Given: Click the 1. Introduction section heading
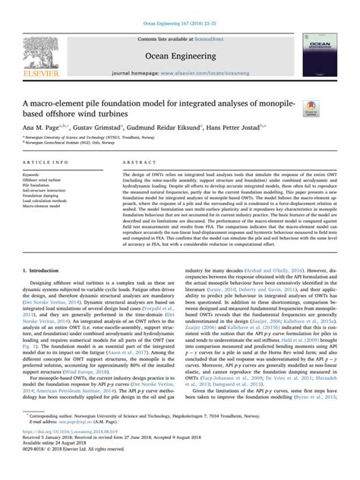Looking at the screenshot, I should point(43,270).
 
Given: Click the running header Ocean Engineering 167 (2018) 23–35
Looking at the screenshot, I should point(179,6).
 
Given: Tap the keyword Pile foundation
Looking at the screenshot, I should point(37,185).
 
